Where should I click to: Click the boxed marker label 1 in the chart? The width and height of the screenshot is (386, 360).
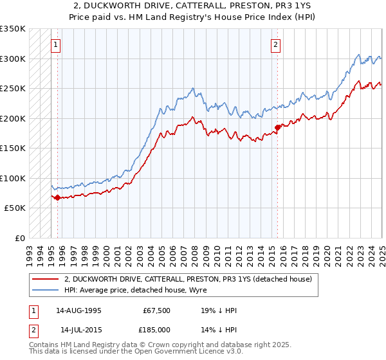57,45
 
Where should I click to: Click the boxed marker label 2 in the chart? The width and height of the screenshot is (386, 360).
275,45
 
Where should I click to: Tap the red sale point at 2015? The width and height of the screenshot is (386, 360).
277,127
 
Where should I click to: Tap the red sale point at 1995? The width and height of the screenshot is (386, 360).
57,197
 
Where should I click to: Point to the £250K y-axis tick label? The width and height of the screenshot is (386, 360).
14,89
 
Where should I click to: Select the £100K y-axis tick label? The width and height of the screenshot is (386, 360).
14,178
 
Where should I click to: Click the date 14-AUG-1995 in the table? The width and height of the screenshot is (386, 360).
78,310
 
